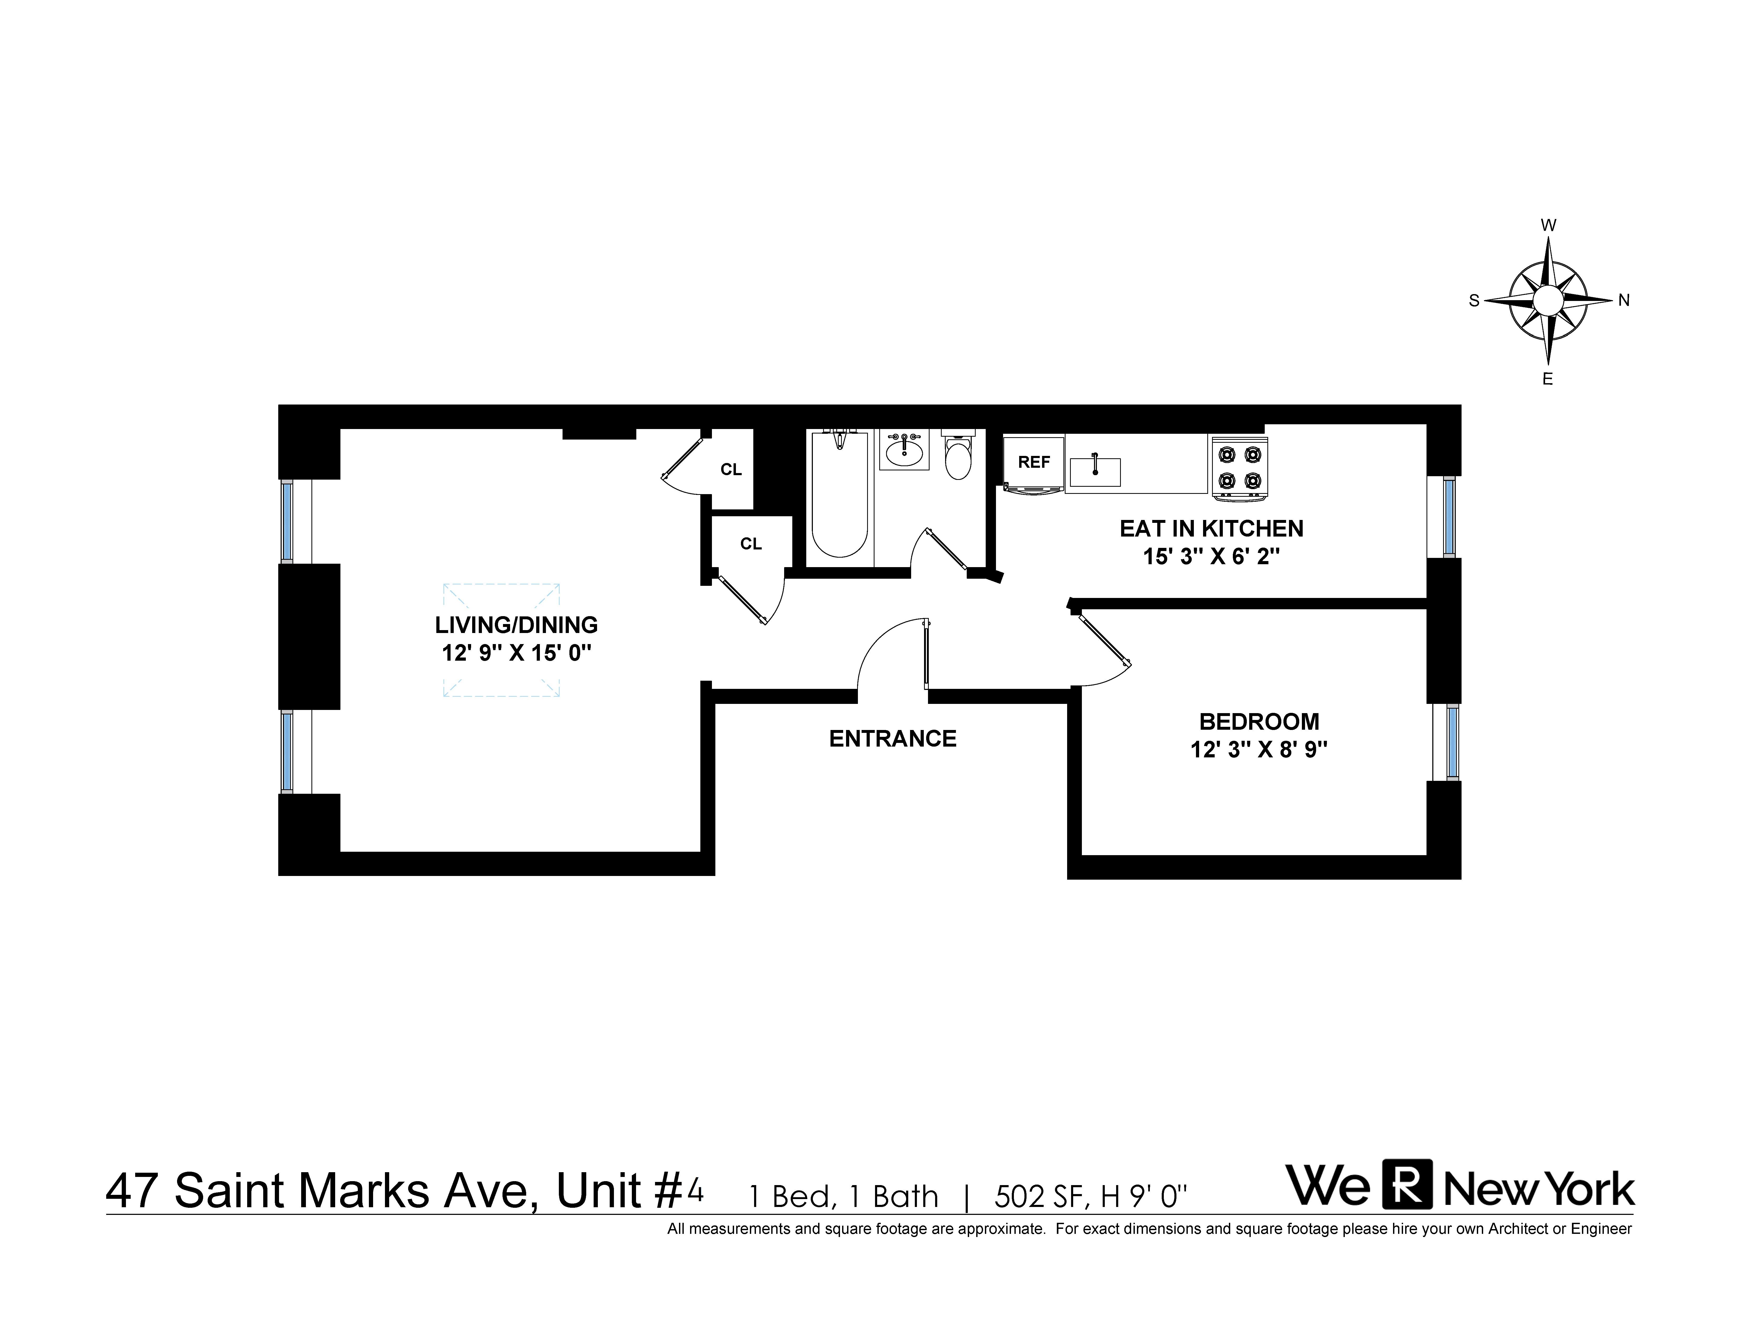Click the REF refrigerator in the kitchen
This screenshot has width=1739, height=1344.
pyautogui.click(x=1034, y=462)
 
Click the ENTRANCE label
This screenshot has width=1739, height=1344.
pyautogui.click(x=893, y=739)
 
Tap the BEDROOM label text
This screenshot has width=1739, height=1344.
pyautogui.click(x=1259, y=721)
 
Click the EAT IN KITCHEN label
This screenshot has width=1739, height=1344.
pyautogui.click(x=1211, y=529)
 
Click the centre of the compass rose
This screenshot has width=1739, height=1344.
pyautogui.click(x=1548, y=301)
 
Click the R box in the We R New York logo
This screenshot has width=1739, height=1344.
pyautogui.click(x=1407, y=1184)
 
